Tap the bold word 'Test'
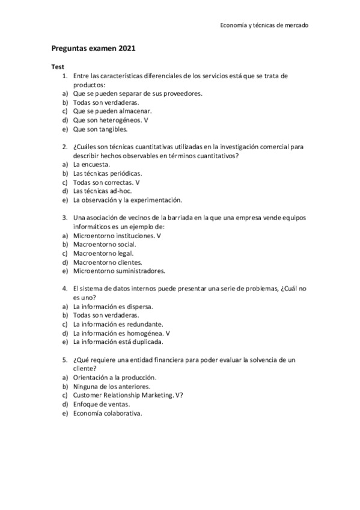point(58,67)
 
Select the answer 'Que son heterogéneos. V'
point(110,120)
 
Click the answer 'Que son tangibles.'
point(100,129)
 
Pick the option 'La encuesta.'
point(91,164)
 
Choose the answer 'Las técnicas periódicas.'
point(108,173)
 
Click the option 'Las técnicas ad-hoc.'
point(102,191)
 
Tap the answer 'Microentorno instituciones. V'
point(117,236)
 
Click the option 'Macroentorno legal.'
point(103,253)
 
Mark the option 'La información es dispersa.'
point(113,306)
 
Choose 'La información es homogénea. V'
point(121,333)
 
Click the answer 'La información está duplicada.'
point(118,342)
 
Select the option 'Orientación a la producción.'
point(114,377)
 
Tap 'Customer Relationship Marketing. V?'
point(128,395)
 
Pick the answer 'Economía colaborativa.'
point(108,413)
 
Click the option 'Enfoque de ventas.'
point(101,404)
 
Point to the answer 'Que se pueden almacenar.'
point(112,111)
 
